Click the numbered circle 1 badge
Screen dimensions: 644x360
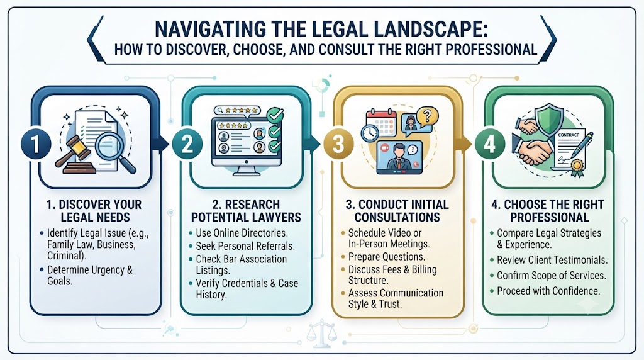tap(36, 144)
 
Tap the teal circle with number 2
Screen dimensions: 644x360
tap(187, 144)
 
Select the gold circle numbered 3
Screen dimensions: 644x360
tap(338, 144)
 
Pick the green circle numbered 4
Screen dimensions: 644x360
tap(489, 144)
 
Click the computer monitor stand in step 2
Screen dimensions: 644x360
tap(246, 171)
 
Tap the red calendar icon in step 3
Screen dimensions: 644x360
tap(382, 123)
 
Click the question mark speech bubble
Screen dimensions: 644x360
tap(427, 116)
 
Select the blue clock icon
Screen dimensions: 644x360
tap(370, 133)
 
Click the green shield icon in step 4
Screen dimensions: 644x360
tap(549, 119)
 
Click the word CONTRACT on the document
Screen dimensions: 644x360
tap(568, 135)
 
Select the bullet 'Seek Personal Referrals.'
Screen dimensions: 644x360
tap(245, 245)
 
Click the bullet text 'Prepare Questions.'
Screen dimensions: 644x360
tap(387, 257)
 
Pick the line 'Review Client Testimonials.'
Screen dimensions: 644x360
tap(552, 260)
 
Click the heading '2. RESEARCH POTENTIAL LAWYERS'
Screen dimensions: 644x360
tap(246, 211)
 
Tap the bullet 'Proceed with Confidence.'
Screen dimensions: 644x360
tap(548, 291)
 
